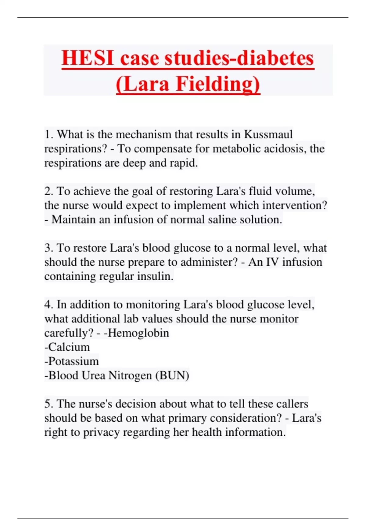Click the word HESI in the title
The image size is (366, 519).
(88, 58)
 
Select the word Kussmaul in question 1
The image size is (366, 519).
(268, 134)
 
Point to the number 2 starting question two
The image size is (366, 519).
(48, 191)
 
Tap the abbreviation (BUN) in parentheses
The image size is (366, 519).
(172, 376)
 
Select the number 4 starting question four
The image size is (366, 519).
(48, 305)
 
